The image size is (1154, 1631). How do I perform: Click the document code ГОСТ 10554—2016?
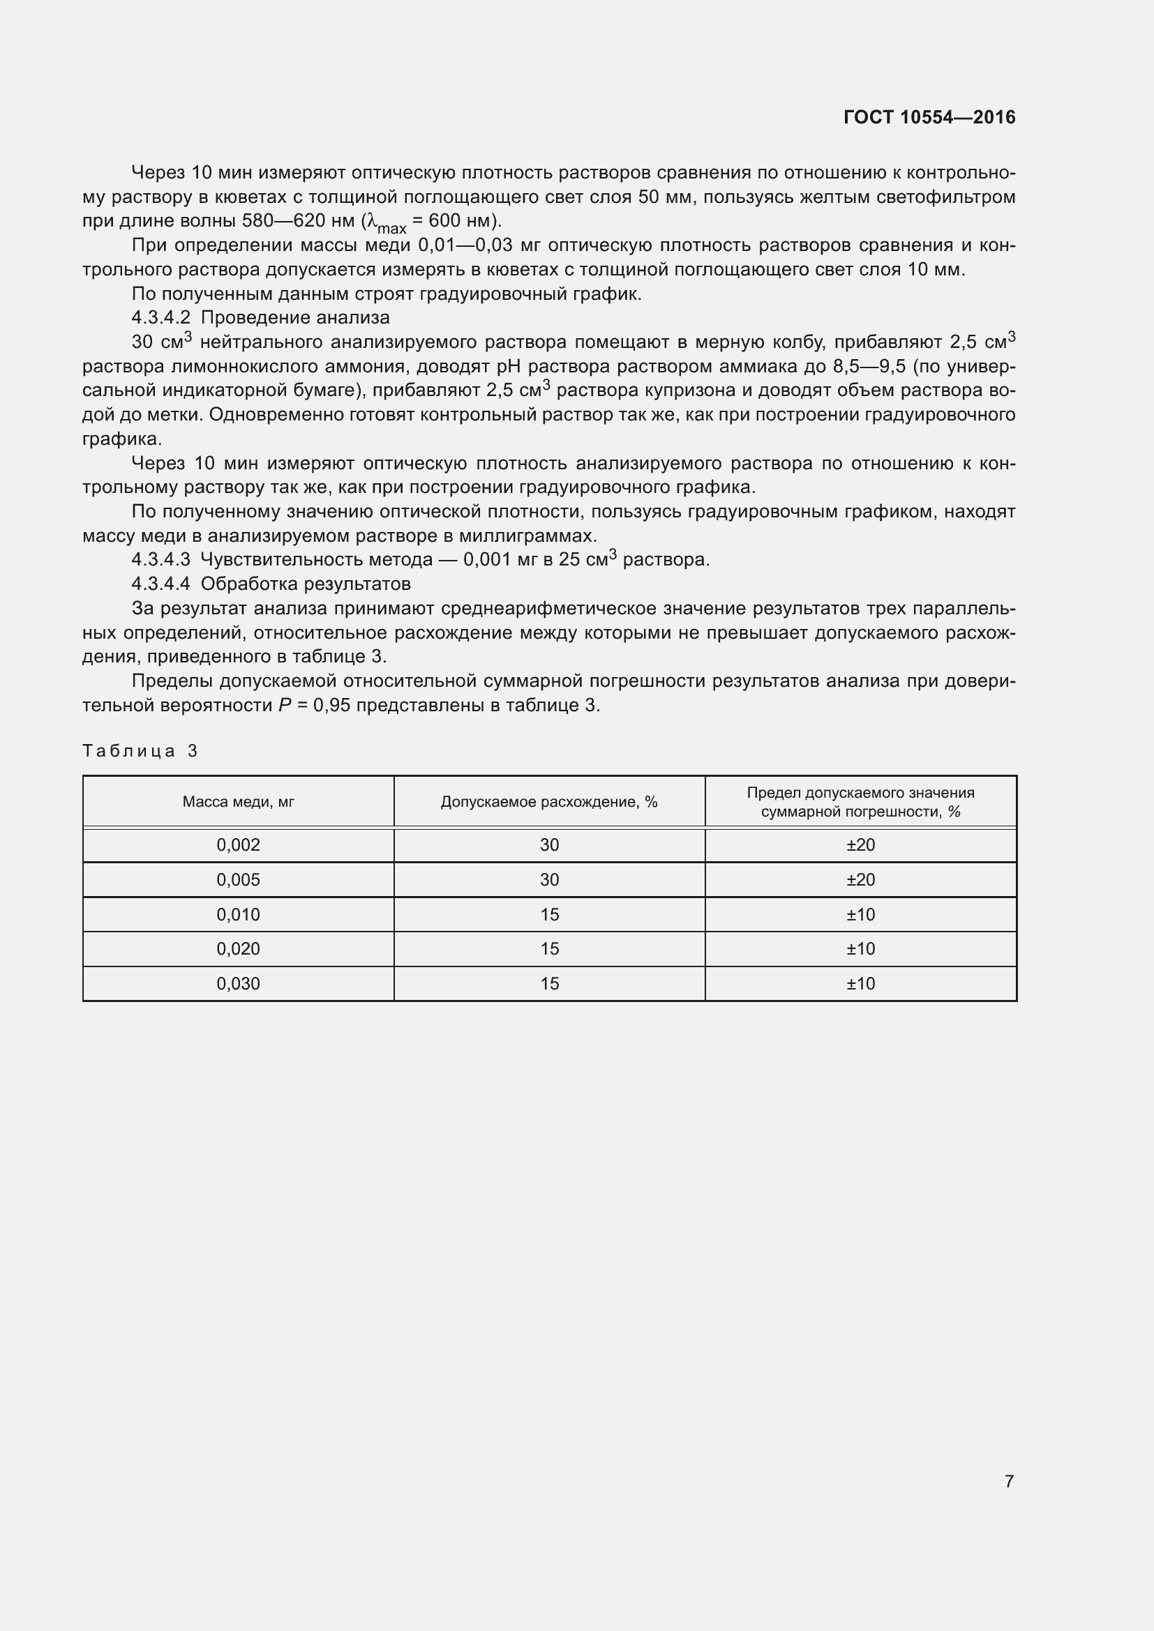(929, 117)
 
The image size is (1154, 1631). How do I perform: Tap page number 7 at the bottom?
(1008, 1480)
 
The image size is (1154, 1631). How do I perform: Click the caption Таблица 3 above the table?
(140, 751)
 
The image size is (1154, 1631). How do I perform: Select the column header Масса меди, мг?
(238, 802)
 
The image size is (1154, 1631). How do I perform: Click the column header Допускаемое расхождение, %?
(548, 802)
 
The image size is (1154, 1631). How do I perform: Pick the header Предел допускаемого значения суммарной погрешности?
(860, 802)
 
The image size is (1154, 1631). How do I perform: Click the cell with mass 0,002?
(238, 845)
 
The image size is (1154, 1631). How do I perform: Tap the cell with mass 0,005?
(238, 880)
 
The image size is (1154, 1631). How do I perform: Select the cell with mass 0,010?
(238, 915)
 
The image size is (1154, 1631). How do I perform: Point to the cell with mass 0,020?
(238, 949)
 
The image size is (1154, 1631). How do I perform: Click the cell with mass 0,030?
(238, 984)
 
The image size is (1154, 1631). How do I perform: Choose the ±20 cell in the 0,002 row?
(860, 845)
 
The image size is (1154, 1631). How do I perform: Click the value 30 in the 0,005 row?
(548, 880)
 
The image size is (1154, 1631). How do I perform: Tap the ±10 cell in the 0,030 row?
(860, 984)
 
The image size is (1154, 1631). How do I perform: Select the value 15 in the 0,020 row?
(548, 949)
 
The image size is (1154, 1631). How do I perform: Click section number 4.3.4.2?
(160, 317)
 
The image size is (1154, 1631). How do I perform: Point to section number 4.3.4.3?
(160, 560)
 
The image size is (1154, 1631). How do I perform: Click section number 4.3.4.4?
(160, 584)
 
